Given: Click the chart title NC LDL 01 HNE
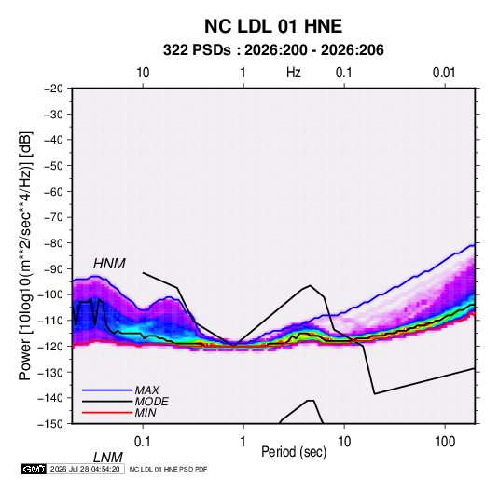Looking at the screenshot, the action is pos(273,26).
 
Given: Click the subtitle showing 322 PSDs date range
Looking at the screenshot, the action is pos(273,50).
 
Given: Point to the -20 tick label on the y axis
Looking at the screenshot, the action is pos(53,89).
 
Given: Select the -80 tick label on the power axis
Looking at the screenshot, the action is pos(53,243).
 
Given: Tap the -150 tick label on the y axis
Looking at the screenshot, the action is pos(50,424).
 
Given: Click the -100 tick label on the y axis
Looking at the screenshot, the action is pos(50,294).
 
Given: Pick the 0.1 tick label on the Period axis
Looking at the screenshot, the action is pos(143,442).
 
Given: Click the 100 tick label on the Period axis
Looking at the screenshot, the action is pos(445,442).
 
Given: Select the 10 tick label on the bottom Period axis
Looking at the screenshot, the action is pos(344,442).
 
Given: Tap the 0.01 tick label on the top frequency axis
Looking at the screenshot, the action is pos(444,73).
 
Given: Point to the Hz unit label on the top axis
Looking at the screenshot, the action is pos(294,73).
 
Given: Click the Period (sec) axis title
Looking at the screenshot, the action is pos(294,452).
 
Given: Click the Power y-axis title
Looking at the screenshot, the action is pos(25,255).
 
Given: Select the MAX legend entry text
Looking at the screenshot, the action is pos(146,390).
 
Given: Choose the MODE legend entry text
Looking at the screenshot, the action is pos(151,402).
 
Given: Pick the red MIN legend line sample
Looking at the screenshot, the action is pos(107,413).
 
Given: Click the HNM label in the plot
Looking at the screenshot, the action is pos(109,264).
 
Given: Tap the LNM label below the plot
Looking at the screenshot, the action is pos(107,458).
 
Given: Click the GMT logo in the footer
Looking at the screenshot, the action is pos(35,469).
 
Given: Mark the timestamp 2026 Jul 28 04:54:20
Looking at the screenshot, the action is pos(85,469).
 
